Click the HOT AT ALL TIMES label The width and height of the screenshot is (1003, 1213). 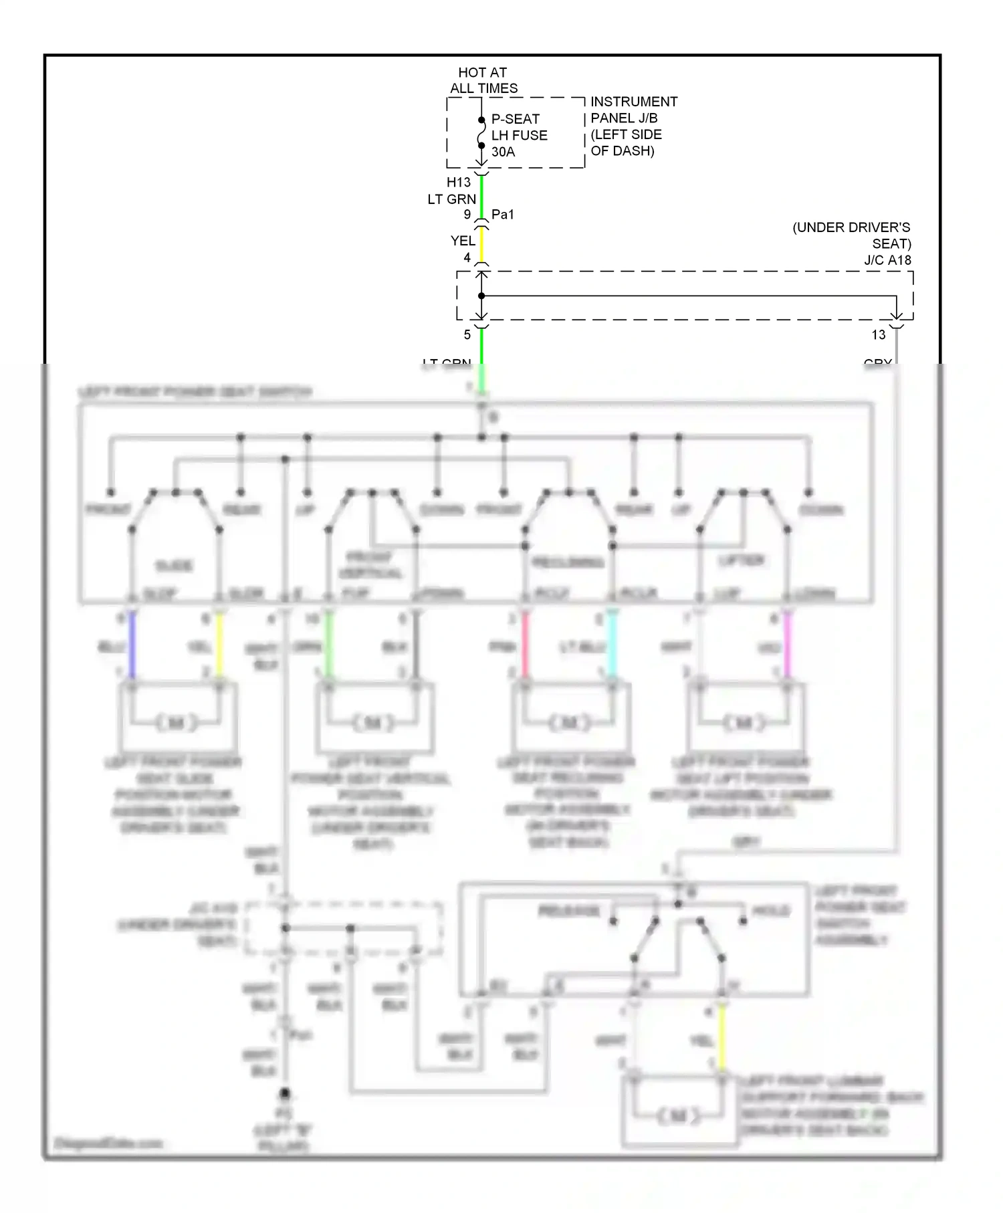[483, 80]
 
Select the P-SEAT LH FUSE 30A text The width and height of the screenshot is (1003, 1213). [519, 135]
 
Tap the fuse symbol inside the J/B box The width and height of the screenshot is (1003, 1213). [481, 136]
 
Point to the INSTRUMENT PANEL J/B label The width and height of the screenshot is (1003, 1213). [633, 126]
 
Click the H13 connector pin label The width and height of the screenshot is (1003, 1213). [459, 182]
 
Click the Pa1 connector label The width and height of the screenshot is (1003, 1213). [503, 215]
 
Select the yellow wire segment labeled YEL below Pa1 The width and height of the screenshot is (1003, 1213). [481, 245]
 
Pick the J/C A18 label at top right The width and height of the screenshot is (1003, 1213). [887, 260]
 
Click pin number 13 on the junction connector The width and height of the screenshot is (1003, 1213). [878, 335]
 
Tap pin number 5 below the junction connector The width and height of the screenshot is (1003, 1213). [467, 335]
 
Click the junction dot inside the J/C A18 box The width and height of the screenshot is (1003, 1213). [481, 296]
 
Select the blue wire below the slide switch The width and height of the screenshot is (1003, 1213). [132, 646]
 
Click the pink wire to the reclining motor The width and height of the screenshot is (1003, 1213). [526, 646]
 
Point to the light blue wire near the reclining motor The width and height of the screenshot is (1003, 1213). [612, 646]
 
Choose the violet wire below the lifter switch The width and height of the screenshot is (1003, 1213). [788, 646]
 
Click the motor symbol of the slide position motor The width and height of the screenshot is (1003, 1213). [177, 723]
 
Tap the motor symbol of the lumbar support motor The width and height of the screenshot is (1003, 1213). [679, 1115]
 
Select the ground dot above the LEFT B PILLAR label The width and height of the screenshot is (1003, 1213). [285, 1094]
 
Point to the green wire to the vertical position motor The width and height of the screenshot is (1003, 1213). [328, 646]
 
